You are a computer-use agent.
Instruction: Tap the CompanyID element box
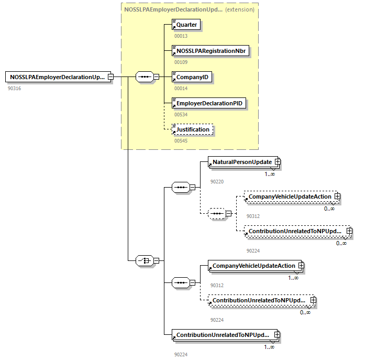(x=192, y=77)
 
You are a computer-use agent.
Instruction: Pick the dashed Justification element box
(x=192, y=129)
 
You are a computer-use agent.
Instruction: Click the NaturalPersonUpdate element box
(x=241, y=162)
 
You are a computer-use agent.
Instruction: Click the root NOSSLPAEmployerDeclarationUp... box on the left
(x=57, y=77)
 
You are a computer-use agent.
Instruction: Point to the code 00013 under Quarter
(x=181, y=36)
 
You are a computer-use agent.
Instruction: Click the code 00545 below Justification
(x=181, y=140)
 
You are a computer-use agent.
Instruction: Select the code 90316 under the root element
(x=14, y=88)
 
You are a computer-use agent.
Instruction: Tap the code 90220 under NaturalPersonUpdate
(x=217, y=181)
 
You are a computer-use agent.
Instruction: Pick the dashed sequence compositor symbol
(x=216, y=213)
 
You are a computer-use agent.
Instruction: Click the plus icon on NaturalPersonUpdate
(x=278, y=162)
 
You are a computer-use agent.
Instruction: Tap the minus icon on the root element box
(x=110, y=77)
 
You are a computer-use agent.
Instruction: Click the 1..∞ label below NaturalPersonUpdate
(x=270, y=174)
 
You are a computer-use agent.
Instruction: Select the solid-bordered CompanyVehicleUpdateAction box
(x=253, y=266)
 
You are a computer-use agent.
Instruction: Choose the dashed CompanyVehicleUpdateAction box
(x=290, y=197)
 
